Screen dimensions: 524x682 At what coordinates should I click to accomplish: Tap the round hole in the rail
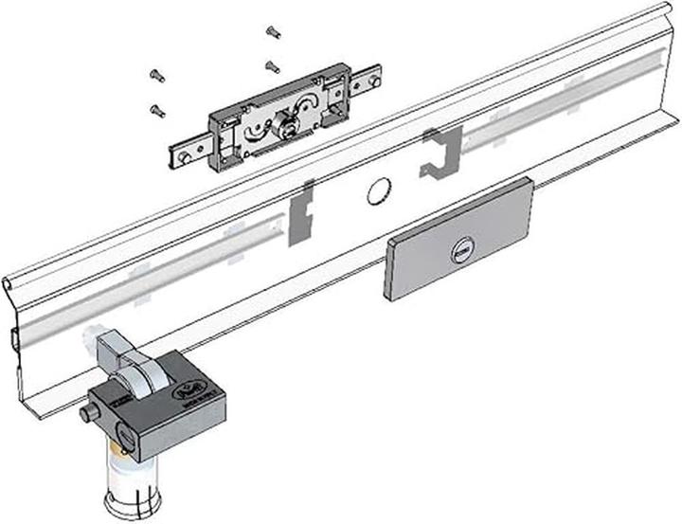click(x=377, y=190)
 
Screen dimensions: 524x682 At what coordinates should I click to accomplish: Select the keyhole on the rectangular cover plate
click(x=462, y=251)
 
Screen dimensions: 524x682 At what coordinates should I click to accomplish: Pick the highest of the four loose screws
click(x=273, y=32)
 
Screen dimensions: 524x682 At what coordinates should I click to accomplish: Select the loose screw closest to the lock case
click(x=271, y=66)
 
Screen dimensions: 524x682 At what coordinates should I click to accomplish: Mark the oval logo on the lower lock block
click(x=206, y=388)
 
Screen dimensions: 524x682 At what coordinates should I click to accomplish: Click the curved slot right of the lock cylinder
click(x=309, y=104)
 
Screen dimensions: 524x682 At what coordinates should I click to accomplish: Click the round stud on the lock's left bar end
click(x=181, y=150)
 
